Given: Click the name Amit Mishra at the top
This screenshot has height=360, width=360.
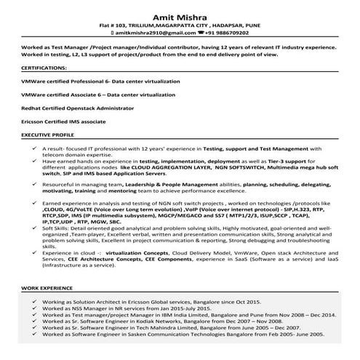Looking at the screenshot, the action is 180,14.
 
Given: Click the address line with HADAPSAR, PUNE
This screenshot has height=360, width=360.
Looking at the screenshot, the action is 180,25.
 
